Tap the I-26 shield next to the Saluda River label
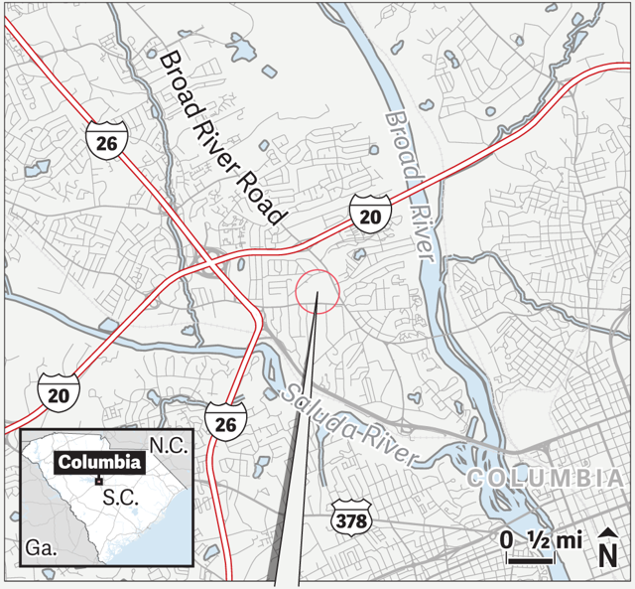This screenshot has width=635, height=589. (224, 421)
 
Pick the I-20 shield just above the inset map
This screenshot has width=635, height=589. (60, 392)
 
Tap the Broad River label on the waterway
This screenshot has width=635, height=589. (411, 185)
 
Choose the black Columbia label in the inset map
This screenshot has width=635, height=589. (99, 462)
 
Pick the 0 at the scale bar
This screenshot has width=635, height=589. (507, 541)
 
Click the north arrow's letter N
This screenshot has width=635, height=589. (607, 553)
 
